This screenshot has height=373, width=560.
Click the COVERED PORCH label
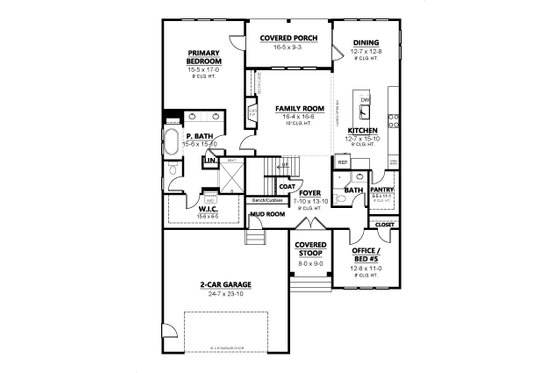283,37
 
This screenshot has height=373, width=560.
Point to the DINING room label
365,43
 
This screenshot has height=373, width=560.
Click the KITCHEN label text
361,131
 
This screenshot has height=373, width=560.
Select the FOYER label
309,192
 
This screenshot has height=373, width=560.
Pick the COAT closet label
286,185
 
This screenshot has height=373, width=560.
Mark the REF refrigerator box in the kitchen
342,160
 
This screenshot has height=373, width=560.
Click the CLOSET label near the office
385,227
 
